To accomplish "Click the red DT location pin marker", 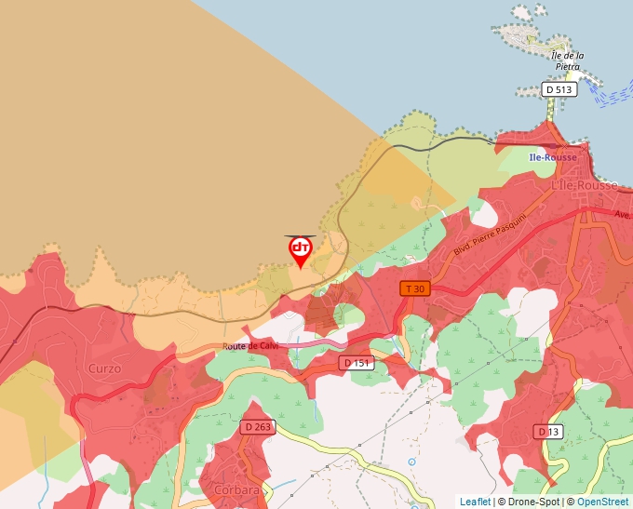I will [300, 250].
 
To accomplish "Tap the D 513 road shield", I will [559, 89].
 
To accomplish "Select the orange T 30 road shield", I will [416, 289].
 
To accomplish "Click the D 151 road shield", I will [357, 363].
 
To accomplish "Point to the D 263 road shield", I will [259, 426].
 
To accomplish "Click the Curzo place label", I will [104, 368].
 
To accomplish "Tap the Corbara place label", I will [236, 489].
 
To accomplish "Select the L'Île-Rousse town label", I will [585, 185].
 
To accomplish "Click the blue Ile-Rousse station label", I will [552, 157].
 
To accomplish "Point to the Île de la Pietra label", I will [567, 61].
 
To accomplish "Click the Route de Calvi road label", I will [250, 346].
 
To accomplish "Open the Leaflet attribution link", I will [475, 502].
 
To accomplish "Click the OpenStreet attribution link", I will [603, 502].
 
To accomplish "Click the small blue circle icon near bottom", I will [411, 462].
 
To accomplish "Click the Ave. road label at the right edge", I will [621, 213].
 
